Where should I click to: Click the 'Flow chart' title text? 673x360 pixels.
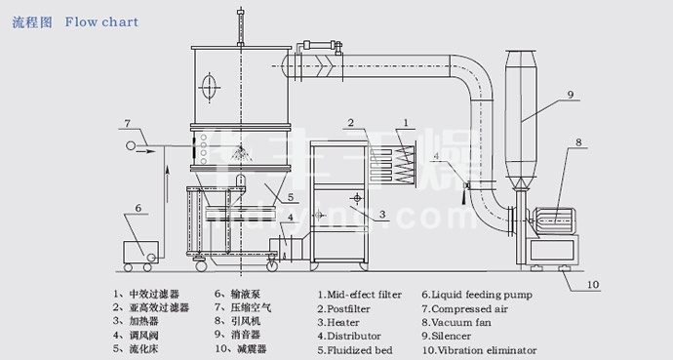(101, 21)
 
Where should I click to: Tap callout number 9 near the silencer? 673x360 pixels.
(571, 95)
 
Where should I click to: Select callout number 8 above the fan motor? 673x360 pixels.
(578, 142)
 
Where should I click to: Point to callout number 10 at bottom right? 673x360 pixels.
(593, 285)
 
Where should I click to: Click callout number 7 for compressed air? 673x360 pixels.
(128, 124)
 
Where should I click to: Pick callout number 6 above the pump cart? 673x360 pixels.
(139, 208)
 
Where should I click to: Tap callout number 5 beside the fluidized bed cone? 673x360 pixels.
(291, 197)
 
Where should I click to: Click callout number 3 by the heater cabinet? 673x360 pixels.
(382, 215)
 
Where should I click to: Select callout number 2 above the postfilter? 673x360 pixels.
(351, 123)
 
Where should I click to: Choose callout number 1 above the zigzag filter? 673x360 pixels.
(406, 123)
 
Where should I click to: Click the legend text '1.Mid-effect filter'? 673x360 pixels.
(360, 295)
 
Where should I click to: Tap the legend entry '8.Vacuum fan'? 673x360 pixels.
(456, 322)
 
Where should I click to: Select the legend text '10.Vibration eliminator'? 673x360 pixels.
(479, 350)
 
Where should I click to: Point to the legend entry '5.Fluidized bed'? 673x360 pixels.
(355, 350)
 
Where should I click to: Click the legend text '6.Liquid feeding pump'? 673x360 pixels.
(477, 295)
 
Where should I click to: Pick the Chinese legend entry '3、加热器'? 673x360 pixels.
(136, 321)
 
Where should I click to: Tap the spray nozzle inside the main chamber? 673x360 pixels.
(241, 152)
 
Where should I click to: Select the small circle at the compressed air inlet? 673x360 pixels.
(130, 145)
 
